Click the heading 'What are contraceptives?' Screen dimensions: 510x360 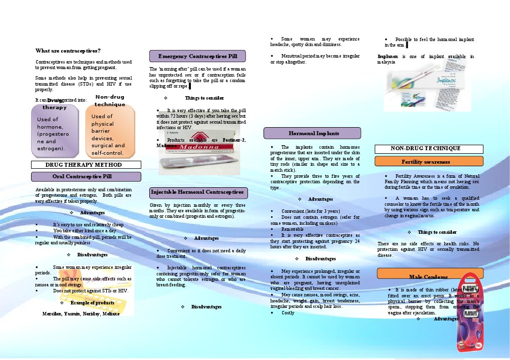tap(68, 51)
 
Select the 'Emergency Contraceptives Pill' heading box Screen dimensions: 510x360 tap(197, 56)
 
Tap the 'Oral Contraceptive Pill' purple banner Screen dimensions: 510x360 tap(86, 176)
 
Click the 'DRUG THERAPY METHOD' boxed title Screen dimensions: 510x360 tap(86, 164)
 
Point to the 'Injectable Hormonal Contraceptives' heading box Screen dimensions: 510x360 tap(198, 192)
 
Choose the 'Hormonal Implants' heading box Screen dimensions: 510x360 tap(312, 133)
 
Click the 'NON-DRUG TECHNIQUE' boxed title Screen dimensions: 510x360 tap(429, 149)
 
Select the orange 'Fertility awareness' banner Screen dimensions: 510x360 tap(429, 161)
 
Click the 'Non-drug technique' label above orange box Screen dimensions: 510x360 tap(110, 101)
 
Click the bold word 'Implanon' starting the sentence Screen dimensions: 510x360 tap(388, 57)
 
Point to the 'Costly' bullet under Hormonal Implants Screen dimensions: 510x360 tap(288, 312)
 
